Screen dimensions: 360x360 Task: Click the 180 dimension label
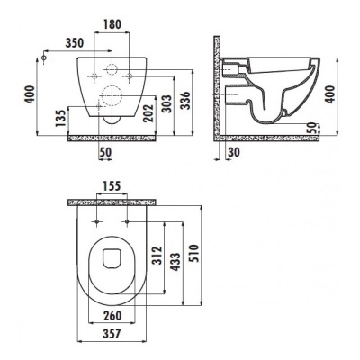pyautogui.click(x=112, y=24)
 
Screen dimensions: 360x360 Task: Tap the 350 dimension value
pyautogui.click(x=75, y=43)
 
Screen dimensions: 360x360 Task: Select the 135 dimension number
pyautogui.click(x=61, y=119)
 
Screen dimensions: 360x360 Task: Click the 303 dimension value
pyautogui.click(x=166, y=103)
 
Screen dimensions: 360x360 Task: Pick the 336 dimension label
pyautogui.click(x=185, y=101)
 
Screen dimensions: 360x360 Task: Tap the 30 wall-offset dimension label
pyautogui.click(x=234, y=152)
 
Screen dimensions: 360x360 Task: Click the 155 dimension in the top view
pyautogui.click(x=112, y=186)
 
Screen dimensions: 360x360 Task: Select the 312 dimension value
pyautogui.click(x=157, y=256)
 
